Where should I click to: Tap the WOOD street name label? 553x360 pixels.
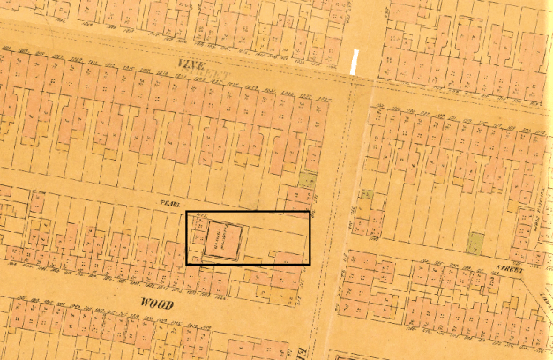pos(156,304)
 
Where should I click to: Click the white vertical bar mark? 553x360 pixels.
pos(355,63)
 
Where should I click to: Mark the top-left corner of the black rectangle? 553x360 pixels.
pos(186,213)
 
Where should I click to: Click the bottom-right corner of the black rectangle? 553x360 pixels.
pos(310,264)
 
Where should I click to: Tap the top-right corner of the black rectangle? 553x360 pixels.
pos(310,213)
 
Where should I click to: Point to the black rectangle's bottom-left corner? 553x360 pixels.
pos(186,264)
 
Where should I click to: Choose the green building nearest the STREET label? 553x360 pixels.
pos(475,243)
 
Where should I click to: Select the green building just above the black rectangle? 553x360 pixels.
pos(307,181)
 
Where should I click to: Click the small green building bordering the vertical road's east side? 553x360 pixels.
pos(365,195)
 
